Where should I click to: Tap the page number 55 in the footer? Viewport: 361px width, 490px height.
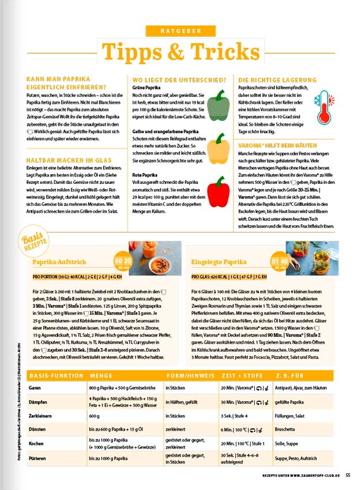click(348, 476)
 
